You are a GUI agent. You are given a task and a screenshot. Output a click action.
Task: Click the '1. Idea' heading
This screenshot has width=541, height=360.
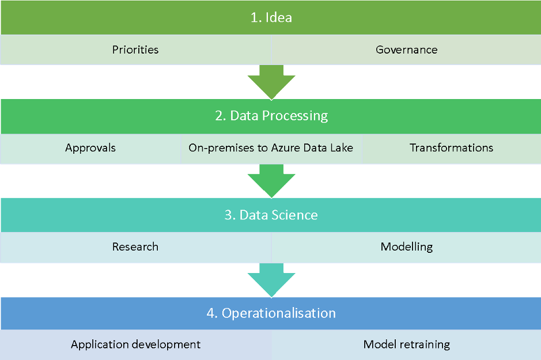tap(271, 17)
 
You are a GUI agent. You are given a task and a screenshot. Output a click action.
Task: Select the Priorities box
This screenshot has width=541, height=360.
tap(135, 50)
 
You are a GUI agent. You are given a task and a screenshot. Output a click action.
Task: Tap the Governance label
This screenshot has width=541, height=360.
tap(406, 50)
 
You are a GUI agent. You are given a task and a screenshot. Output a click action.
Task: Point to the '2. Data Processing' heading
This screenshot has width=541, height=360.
tap(271, 116)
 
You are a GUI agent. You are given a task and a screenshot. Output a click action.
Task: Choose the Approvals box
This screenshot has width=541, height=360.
tap(90, 148)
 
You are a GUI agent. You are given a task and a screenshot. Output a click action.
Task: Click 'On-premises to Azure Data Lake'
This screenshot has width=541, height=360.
tap(271, 148)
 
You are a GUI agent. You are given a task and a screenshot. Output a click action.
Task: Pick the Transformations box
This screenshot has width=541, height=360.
tap(451, 148)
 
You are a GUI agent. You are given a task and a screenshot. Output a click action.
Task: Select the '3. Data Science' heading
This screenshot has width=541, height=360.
tap(271, 215)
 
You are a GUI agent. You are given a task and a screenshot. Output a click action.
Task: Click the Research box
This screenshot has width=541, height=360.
tap(135, 247)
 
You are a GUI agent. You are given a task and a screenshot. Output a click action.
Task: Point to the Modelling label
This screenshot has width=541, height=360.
tap(406, 247)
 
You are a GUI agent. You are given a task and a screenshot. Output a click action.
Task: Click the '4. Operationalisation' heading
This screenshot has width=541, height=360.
tap(271, 313)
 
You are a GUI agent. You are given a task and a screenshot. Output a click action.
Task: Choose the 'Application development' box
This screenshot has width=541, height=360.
tap(135, 344)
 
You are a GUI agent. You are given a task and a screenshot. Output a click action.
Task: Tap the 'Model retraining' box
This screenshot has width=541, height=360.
tap(406, 344)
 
